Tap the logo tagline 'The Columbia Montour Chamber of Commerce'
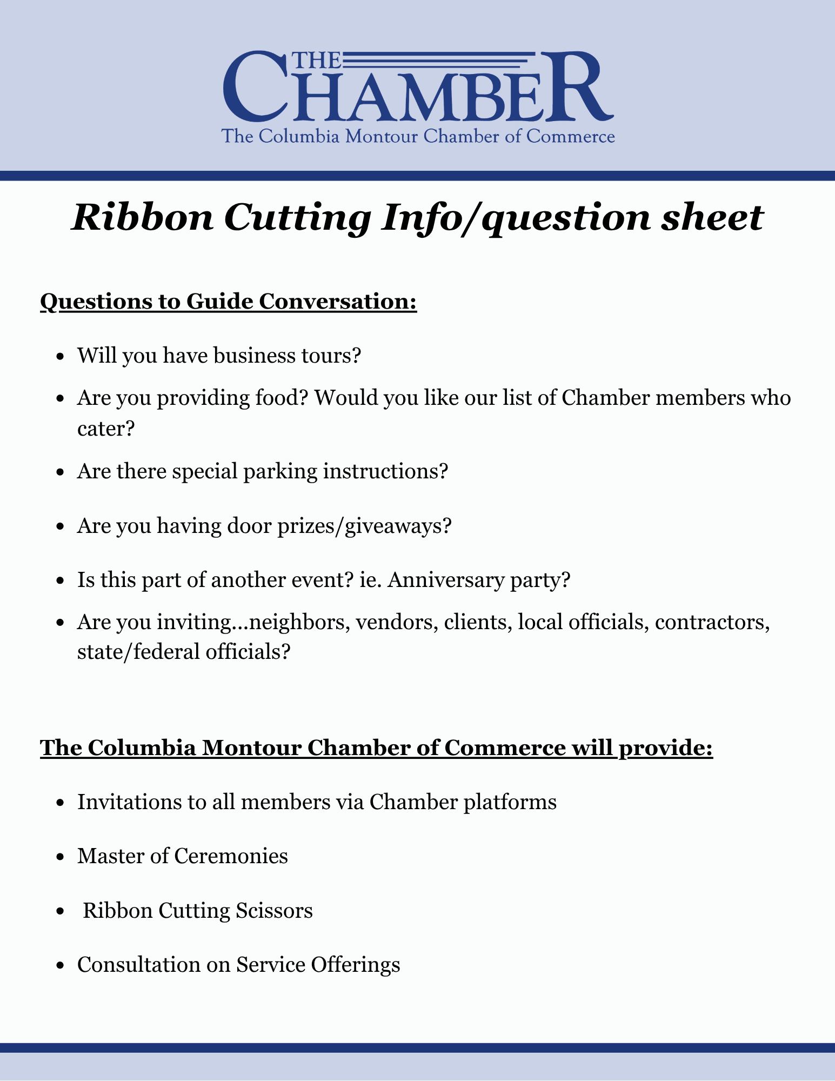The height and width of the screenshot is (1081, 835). point(418,136)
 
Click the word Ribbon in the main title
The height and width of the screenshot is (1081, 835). point(142,218)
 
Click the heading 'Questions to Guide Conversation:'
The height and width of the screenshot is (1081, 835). point(228,302)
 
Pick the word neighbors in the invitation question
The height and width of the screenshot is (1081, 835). point(301,623)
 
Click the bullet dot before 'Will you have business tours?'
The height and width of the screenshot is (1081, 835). point(61,357)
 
